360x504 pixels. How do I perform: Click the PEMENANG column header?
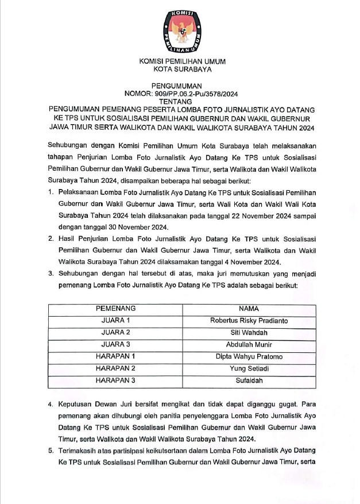tap(115, 309)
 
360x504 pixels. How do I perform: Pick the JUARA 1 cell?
tap(115, 321)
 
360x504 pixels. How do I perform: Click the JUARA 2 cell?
tap(115, 333)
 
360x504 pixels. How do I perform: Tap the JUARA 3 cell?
tap(115, 344)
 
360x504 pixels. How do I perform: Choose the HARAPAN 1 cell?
tap(115, 356)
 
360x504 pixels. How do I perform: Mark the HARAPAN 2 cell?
tap(115, 368)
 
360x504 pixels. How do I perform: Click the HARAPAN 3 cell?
tap(115, 380)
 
